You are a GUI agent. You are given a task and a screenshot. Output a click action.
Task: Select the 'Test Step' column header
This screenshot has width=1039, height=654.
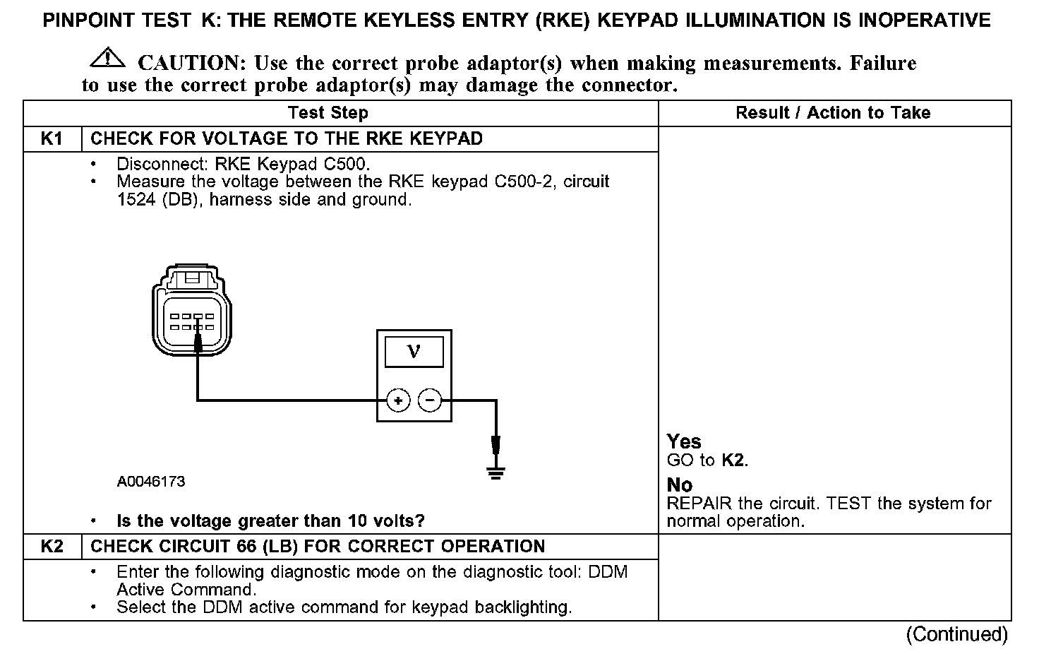coord(328,113)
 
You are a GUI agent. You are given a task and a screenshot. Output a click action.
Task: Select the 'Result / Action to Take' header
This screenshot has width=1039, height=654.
coord(833,113)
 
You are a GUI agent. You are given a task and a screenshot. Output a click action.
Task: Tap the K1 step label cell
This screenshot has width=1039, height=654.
coord(52,138)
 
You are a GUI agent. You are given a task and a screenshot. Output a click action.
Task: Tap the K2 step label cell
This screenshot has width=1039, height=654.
coord(52,547)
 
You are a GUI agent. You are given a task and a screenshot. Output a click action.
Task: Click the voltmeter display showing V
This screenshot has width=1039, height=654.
coord(414,351)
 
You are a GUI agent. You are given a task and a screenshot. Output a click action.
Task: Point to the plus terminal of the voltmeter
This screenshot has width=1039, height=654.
coord(398,401)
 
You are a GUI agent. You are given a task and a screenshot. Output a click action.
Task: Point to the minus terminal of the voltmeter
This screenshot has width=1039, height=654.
coord(430,401)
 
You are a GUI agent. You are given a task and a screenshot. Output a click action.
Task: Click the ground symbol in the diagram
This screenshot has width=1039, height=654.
coord(496,472)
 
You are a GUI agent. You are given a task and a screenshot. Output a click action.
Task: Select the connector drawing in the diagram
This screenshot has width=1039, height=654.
coord(191,314)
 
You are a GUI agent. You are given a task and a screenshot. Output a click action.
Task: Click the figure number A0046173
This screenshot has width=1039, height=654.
coord(151,482)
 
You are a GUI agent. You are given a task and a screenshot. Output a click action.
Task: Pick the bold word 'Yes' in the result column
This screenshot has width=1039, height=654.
coord(684,442)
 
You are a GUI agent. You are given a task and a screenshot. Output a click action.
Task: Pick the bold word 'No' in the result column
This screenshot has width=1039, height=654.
coord(680,485)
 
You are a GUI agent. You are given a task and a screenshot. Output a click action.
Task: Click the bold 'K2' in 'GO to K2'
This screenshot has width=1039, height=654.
coord(733,461)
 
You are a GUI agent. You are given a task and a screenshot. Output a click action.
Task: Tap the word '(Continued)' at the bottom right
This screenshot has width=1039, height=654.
coord(956,634)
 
